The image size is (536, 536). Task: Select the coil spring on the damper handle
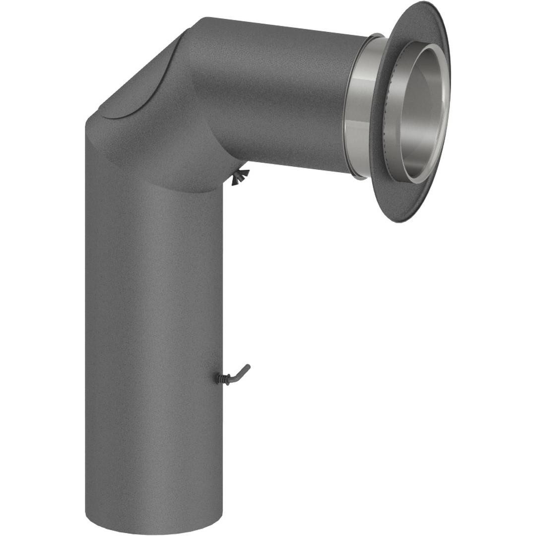(221, 378)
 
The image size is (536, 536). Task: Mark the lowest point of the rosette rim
(397, 221)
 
